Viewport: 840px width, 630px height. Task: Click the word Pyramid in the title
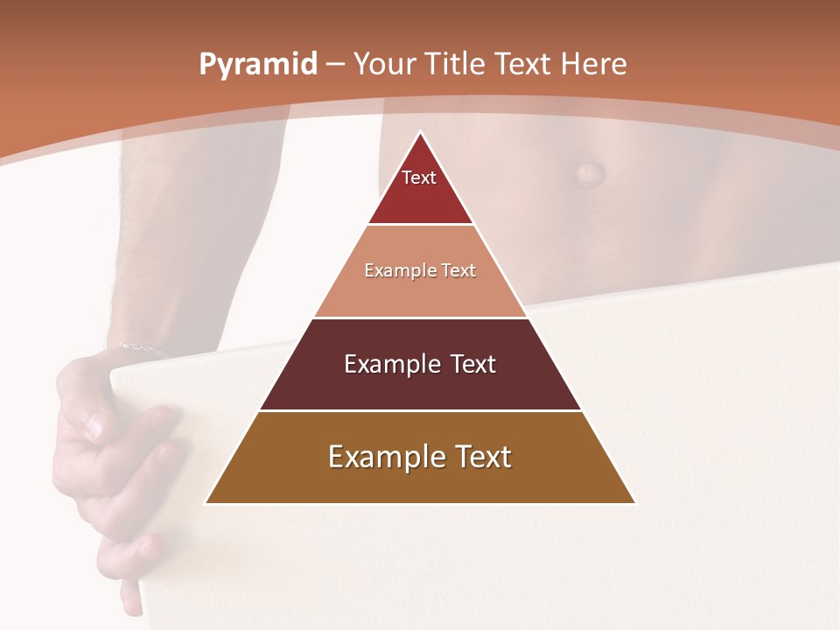click(257, 65)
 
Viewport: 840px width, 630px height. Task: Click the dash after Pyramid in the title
click(335, 66)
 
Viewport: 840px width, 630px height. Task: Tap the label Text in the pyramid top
click(419, 178)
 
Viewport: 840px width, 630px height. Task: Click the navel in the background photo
click(590, 172)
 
